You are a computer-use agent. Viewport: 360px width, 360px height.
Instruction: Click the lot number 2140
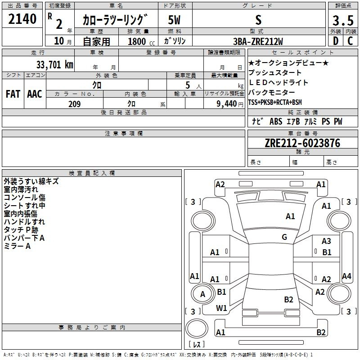[22, 19]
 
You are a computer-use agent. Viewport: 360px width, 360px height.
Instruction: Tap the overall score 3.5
[343, 20]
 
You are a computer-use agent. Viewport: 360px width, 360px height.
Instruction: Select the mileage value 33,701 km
[54, 65]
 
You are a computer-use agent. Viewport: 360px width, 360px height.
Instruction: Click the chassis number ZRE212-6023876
[302, 143]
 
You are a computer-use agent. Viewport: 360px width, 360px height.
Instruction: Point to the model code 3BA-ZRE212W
[258, 41]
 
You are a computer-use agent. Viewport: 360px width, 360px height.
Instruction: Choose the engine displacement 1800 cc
[141, 42]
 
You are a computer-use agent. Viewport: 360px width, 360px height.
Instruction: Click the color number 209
[74, 104]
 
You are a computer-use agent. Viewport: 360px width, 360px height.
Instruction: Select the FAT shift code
[13, 94]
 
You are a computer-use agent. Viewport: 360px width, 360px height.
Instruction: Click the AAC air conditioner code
[35, 94]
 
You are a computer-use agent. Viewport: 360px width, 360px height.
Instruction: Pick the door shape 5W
[174, 20]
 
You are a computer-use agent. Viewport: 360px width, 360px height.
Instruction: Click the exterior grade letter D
[336, 41]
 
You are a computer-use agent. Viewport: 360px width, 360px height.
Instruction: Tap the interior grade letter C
[350, 41]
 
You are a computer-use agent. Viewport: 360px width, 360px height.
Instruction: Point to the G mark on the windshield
[284, 237]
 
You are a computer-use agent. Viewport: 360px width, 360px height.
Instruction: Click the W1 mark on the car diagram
[221, 308]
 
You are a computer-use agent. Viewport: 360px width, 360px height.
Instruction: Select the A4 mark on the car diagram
[346, 276]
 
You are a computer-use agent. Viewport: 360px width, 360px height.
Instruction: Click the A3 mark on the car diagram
[326, 241]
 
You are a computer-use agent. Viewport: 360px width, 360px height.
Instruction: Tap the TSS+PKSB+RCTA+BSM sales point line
[275, 102]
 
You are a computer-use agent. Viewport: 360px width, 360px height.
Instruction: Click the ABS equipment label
[276, 121]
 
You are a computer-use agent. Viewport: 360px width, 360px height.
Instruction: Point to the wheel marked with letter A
[202, 294]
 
